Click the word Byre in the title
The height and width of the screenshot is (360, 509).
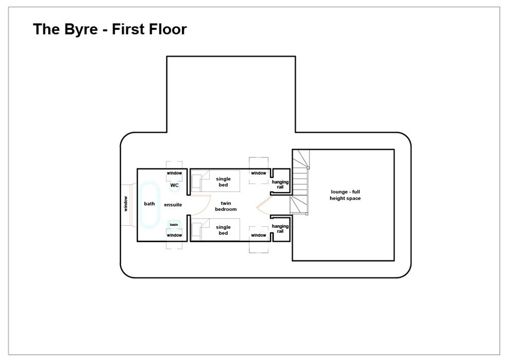[x=81, y=29]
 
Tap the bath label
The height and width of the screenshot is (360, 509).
[x=149, y=204]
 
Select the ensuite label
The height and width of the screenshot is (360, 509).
[x=173, y=205]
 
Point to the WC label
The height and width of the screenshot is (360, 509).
[x=174, y=185]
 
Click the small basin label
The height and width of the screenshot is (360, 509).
[x=174, y=225]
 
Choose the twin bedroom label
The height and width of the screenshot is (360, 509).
[x=226, y=206]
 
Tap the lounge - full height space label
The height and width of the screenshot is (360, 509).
[x=345, y=195]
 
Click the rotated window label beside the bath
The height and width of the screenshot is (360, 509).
[x=125, y=204]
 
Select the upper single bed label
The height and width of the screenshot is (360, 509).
[x=223, y=182]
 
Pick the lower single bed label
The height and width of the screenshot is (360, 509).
[x=223, y=230]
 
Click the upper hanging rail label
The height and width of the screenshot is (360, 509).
[x=280, y=185]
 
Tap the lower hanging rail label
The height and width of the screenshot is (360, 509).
[x=280, y=228]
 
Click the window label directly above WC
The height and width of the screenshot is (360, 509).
[x=174, y=173]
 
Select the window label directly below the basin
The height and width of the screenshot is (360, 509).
[x=174, y=235]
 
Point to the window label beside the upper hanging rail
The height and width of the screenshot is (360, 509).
[x=259, y=173]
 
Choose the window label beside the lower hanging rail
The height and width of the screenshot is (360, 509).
[x=259, y=235]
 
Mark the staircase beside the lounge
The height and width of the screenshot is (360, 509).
[x=300, y=182]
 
